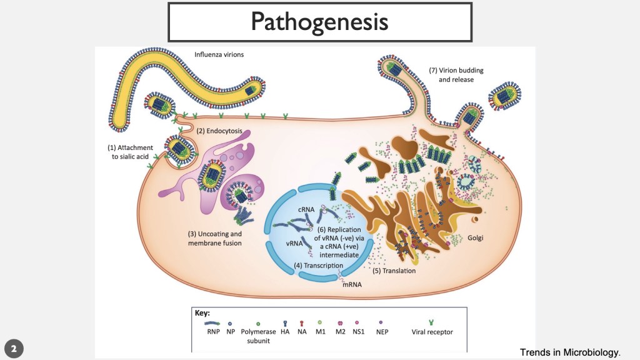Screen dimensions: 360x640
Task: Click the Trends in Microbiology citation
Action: (x=570, y=352)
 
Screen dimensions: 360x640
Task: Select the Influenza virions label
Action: (x=219, y=54)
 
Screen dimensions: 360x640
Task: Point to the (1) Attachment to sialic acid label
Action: (x=129, y=151)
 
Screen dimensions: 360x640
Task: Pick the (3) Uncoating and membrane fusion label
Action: (x=214, y=238)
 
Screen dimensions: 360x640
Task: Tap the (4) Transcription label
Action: (x=319, y=265)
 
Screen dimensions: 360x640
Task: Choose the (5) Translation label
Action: (x=394, y=271)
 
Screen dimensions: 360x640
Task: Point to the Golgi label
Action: (x=476, y=238)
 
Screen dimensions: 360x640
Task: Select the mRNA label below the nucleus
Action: (x=352, y=284)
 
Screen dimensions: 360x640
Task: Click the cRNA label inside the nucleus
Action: (x=306, y=209)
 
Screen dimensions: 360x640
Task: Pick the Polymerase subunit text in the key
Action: (x=258, y=336)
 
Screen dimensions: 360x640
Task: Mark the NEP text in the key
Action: (x=382, y=332)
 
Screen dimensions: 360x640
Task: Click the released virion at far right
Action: (x=505, y=96)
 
